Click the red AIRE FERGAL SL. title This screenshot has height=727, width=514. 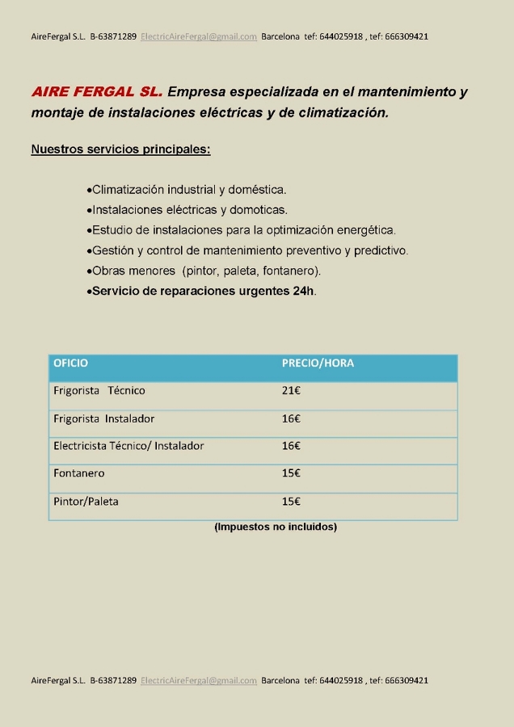97,92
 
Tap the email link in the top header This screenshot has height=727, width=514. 199,36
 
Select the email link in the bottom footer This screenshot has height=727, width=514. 199,680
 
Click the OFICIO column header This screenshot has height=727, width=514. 71,363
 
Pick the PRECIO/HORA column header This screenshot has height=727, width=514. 318,363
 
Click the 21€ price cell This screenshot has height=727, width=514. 291,391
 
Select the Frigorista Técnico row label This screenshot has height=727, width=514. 99,391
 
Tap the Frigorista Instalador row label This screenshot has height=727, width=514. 103,418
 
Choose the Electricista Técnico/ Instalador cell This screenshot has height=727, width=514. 128,446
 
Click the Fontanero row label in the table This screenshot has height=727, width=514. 79,473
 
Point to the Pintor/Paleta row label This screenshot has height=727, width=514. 86,502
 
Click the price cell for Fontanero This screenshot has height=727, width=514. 291,473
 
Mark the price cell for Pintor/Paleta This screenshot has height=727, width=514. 291,502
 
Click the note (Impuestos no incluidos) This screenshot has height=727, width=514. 276,527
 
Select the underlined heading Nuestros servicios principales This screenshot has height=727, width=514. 120,149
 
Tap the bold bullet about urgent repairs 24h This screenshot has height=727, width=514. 203,291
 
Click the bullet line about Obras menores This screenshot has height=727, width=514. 205,271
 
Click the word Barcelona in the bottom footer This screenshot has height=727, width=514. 280,680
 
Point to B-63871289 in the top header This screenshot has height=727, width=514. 113,36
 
